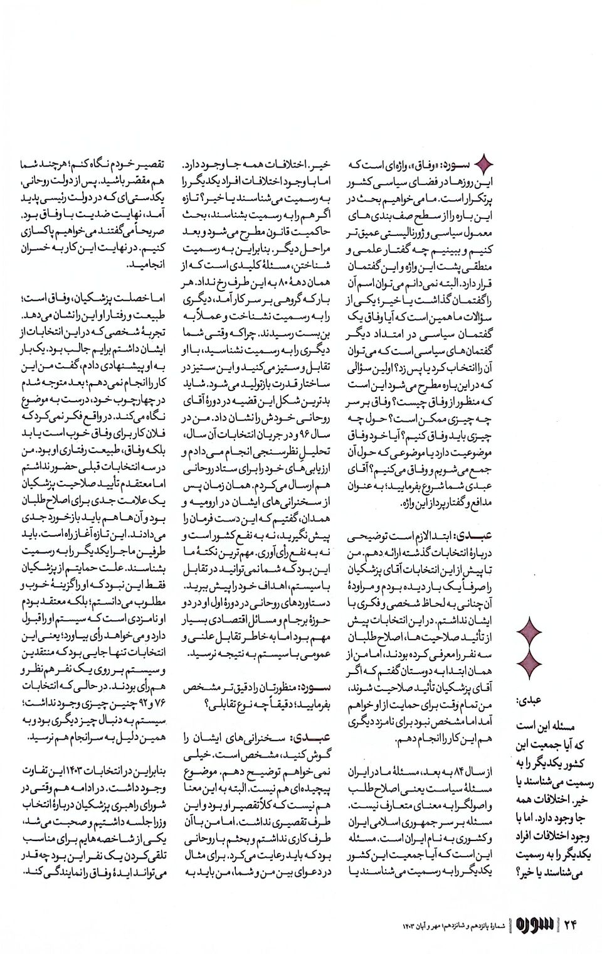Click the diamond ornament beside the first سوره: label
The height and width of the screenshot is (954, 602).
coord(484,165)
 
